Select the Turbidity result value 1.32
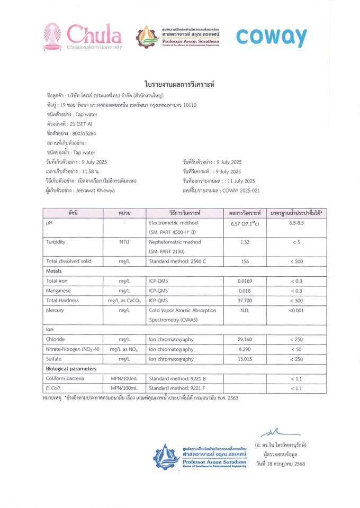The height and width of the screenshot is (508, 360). click(x=244, y=242)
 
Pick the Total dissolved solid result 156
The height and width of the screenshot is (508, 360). click(x=244, y=261)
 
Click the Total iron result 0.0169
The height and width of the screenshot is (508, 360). click(x=245, y=280)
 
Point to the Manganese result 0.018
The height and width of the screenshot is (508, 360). click(x=244, y=291)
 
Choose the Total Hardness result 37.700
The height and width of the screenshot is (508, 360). click(x=244, y=301)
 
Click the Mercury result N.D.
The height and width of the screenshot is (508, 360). click(x=244, y=310)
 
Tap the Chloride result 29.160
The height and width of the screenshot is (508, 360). click(x=244, y=339)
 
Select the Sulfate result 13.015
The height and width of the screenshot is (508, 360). click(x=244, y=359)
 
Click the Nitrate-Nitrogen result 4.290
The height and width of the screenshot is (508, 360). click(x=244, y=349)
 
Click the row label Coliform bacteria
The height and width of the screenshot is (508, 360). click(x=65, y=378)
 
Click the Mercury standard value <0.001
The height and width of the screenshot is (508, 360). click(x=296, y=310)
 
